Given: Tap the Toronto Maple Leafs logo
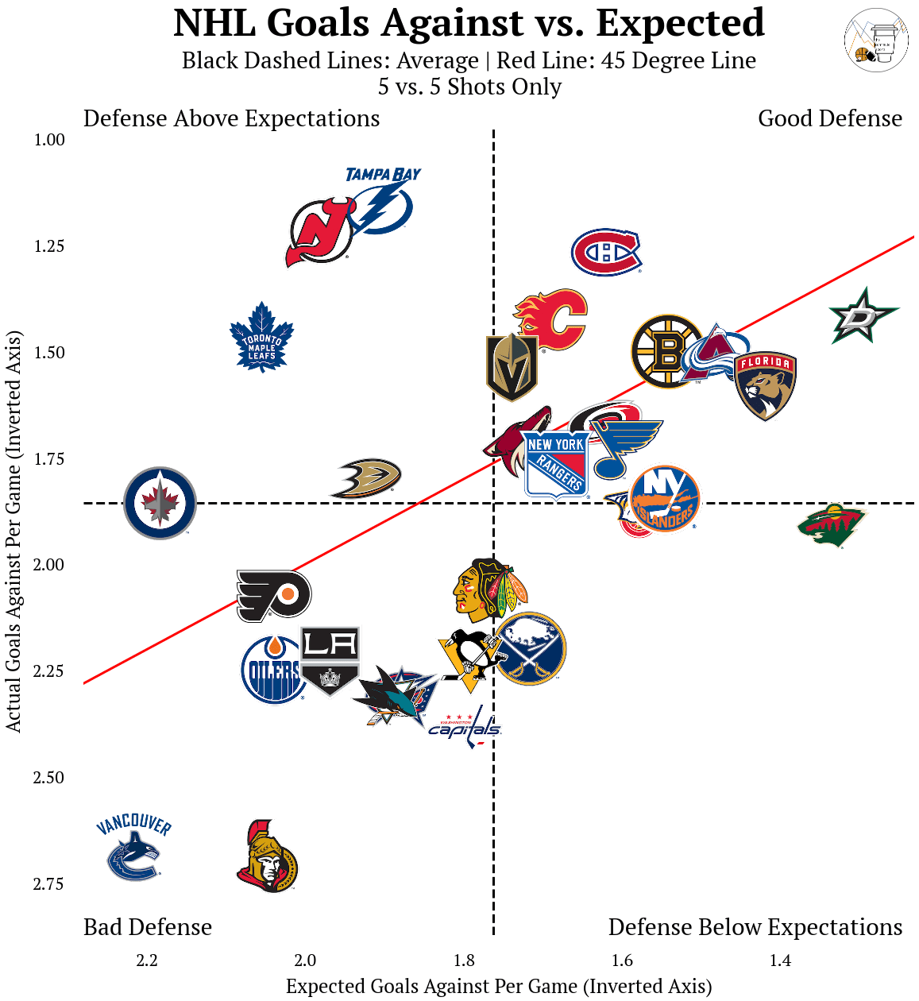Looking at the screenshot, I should click(261, 338).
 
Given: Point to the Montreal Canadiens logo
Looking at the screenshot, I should click(606, 253).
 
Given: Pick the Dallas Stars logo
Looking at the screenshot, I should click(863, 316).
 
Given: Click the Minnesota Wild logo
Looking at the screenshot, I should click(832, 524).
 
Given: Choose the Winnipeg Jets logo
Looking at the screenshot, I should click(160, 503).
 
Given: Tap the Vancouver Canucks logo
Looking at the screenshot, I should click(133, 848).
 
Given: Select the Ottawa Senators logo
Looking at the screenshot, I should click(268, 857).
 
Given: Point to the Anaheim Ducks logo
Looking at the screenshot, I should click(365, 477).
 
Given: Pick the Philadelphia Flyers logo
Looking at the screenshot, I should click(273, 595).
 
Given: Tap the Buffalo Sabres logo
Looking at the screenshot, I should click(531, 648).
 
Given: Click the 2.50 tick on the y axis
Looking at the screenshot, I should click(48, 778).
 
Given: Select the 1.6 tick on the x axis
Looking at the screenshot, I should click(622, 960).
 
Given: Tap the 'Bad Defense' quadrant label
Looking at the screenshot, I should click(148, 927).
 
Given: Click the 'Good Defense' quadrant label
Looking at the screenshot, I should click(830, 118).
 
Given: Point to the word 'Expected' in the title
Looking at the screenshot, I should click(680, 23).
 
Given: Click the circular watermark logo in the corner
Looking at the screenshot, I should click(876, 41).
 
